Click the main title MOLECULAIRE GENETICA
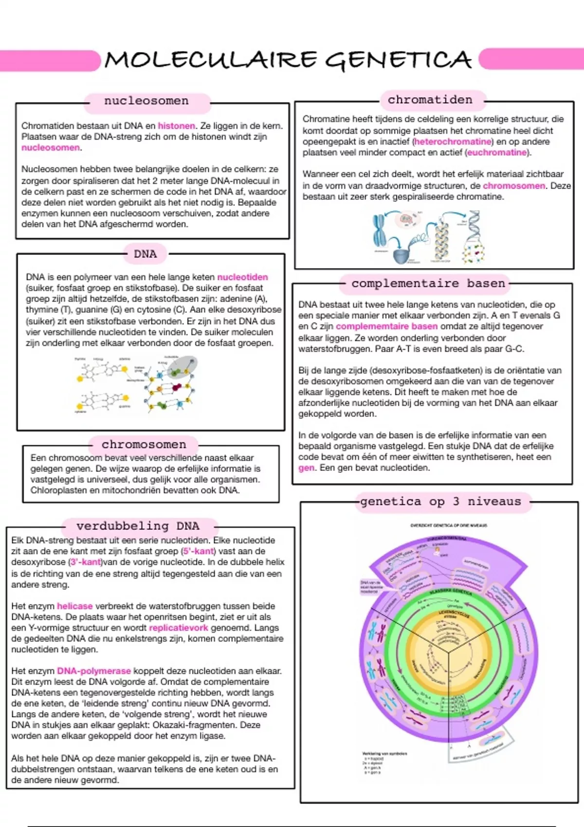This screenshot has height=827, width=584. pos(288,60)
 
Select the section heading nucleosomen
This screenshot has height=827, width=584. pos(146,101)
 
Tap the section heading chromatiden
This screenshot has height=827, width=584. pos(430,100)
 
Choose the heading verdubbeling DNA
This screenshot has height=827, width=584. pos(138,526)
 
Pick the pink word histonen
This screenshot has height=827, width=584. pos(176,126)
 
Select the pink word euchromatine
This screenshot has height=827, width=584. pos(497,153)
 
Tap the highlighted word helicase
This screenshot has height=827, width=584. pos(74,606)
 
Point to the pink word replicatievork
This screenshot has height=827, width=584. pos(178,628)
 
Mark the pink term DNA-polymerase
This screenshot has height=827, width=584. pos(94,671)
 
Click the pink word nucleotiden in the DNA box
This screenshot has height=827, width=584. pos(242,277)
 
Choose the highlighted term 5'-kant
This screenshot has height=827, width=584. pos(198,552)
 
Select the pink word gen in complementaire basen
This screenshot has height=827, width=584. pos(306,468)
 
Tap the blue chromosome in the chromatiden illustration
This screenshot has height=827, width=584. pos(380,231)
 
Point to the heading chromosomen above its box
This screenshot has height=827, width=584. pos(144,445)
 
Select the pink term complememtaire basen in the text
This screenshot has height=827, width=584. pos(386,326)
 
